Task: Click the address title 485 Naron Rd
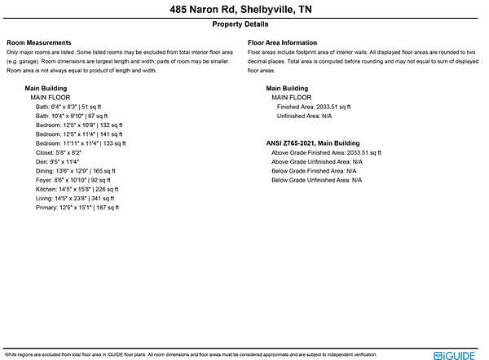244,10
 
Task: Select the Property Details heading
244,25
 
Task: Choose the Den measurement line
59,162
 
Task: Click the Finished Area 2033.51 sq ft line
314,107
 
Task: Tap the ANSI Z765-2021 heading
312,143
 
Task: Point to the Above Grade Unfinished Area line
316,161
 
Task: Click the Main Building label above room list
46,87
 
